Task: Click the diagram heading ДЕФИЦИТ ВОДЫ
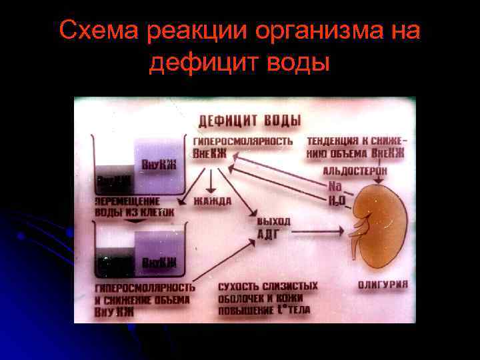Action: [249, 121]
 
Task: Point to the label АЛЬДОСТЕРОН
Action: [354, 171]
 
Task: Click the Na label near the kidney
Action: [335, 186]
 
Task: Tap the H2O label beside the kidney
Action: [336, 199]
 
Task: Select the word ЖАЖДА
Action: [212, 201]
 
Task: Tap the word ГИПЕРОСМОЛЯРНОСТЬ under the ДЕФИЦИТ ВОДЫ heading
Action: [243, 141]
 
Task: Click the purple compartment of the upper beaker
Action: [158, 165]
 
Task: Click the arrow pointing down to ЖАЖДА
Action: [211, 180]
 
